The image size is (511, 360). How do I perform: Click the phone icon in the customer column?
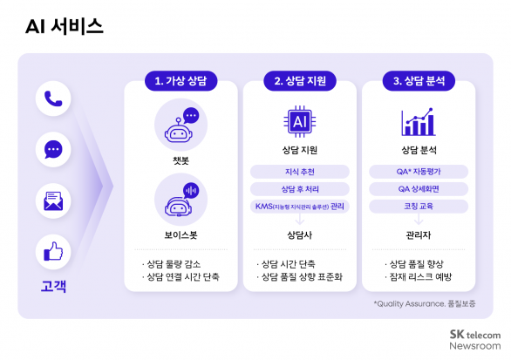(x=52, y=98)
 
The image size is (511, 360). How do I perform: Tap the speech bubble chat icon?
(x=52, y=149)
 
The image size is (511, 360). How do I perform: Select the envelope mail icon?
(x=52, y=200)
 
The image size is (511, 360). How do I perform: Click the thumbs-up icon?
(x=52, y=252)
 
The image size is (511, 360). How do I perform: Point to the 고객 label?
(x=52, y=285)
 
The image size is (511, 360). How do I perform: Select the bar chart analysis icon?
(x=418, y=123)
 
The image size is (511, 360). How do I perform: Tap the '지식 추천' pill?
(x=300, y=171)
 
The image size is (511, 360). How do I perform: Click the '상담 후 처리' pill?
(x=300, y=188)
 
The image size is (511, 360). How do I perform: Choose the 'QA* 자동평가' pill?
(x=418, y=171)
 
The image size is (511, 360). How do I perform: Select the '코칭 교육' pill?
(x=418, y=207)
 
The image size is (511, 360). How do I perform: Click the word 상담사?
(x=300, y=234)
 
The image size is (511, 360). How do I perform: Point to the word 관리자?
(x=418, y=234)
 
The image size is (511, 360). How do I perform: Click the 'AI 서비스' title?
(x=64, y=27)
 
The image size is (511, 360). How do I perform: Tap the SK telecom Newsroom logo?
(x=474, y=339)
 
